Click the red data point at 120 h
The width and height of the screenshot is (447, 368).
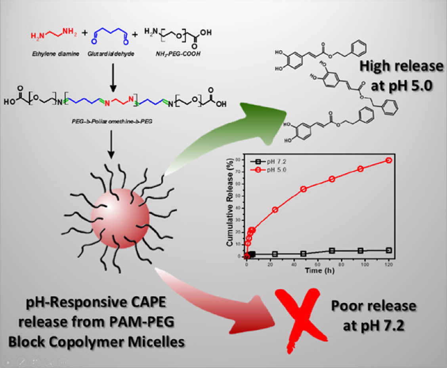389,160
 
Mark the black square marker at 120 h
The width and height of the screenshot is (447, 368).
389,250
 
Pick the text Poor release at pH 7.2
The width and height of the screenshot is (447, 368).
374,313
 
